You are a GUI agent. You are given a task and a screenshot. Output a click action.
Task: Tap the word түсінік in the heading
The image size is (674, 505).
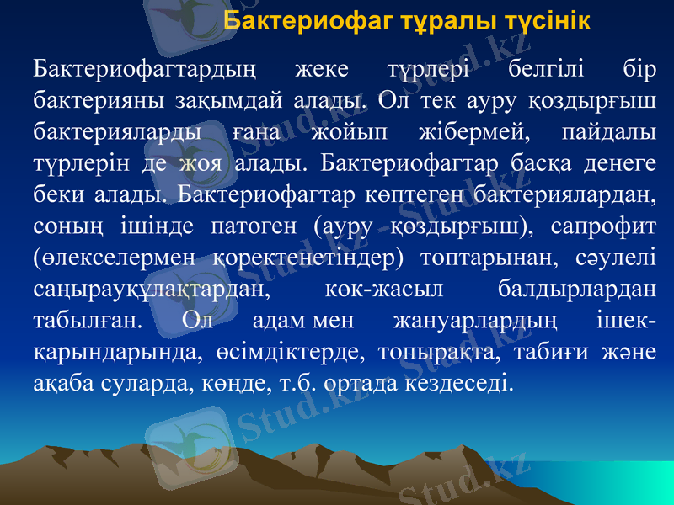(x=545, y=21)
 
